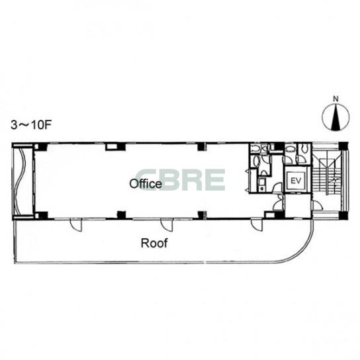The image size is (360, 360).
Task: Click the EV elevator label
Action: point(296,181)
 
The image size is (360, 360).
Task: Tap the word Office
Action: point(146,184)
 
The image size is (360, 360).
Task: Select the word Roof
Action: point(154,243)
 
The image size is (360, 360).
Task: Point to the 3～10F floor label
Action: point(30,125)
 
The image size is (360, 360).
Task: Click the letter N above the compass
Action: point(336,99)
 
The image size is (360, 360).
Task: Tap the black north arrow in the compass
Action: point(336,118)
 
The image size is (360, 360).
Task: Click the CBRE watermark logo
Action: point(181,180)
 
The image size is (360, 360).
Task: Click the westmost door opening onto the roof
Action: point(75,225)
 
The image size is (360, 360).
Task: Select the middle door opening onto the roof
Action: point(167,224)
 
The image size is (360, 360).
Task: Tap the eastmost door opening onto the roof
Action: point(257,224)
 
